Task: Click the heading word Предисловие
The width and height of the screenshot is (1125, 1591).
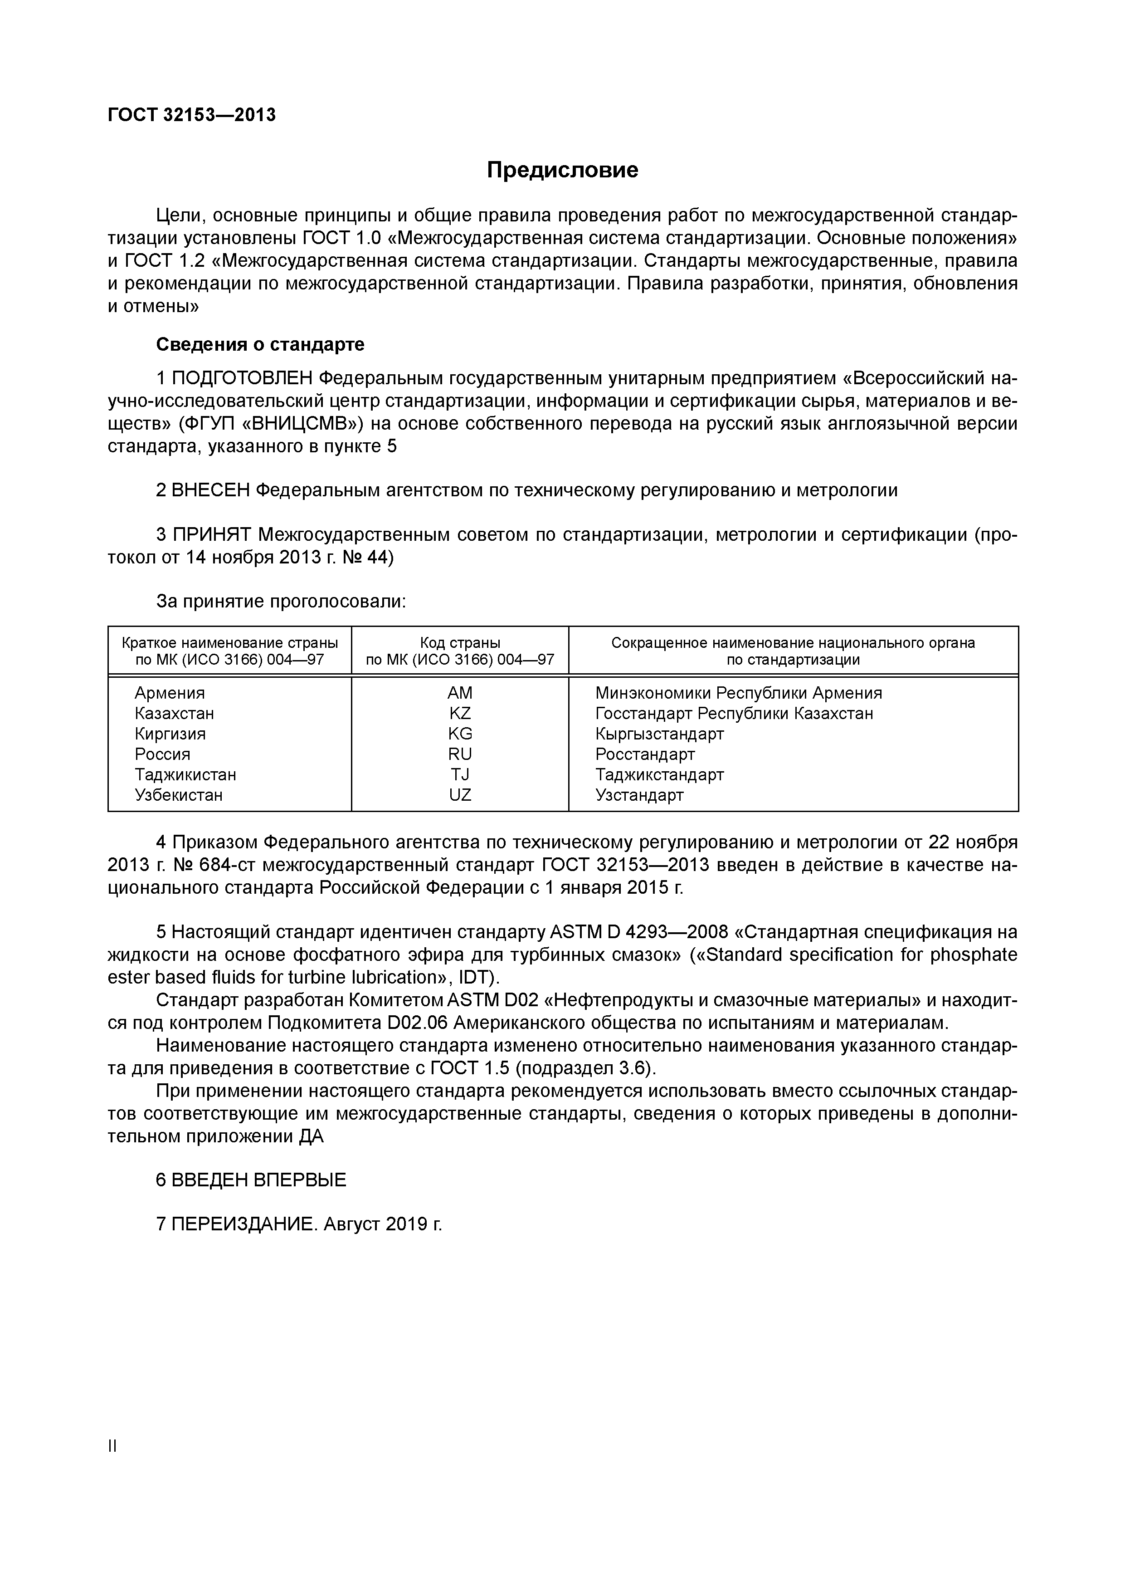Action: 562,170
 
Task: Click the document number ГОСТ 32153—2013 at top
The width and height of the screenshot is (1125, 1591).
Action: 191,115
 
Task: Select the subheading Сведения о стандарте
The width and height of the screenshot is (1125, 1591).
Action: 260,344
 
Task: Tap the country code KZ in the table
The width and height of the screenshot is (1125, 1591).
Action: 459,714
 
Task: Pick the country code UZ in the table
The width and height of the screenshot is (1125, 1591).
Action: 459,795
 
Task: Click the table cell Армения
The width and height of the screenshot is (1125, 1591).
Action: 170,693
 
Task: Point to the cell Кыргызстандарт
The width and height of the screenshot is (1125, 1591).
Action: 659,734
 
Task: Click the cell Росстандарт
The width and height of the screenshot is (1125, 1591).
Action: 644,754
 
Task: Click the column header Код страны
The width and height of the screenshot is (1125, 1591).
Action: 459,643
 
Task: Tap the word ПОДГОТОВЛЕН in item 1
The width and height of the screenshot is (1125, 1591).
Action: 243,378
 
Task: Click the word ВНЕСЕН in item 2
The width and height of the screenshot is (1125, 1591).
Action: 210,490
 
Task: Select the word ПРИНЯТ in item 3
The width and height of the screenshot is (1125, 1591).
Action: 212,535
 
